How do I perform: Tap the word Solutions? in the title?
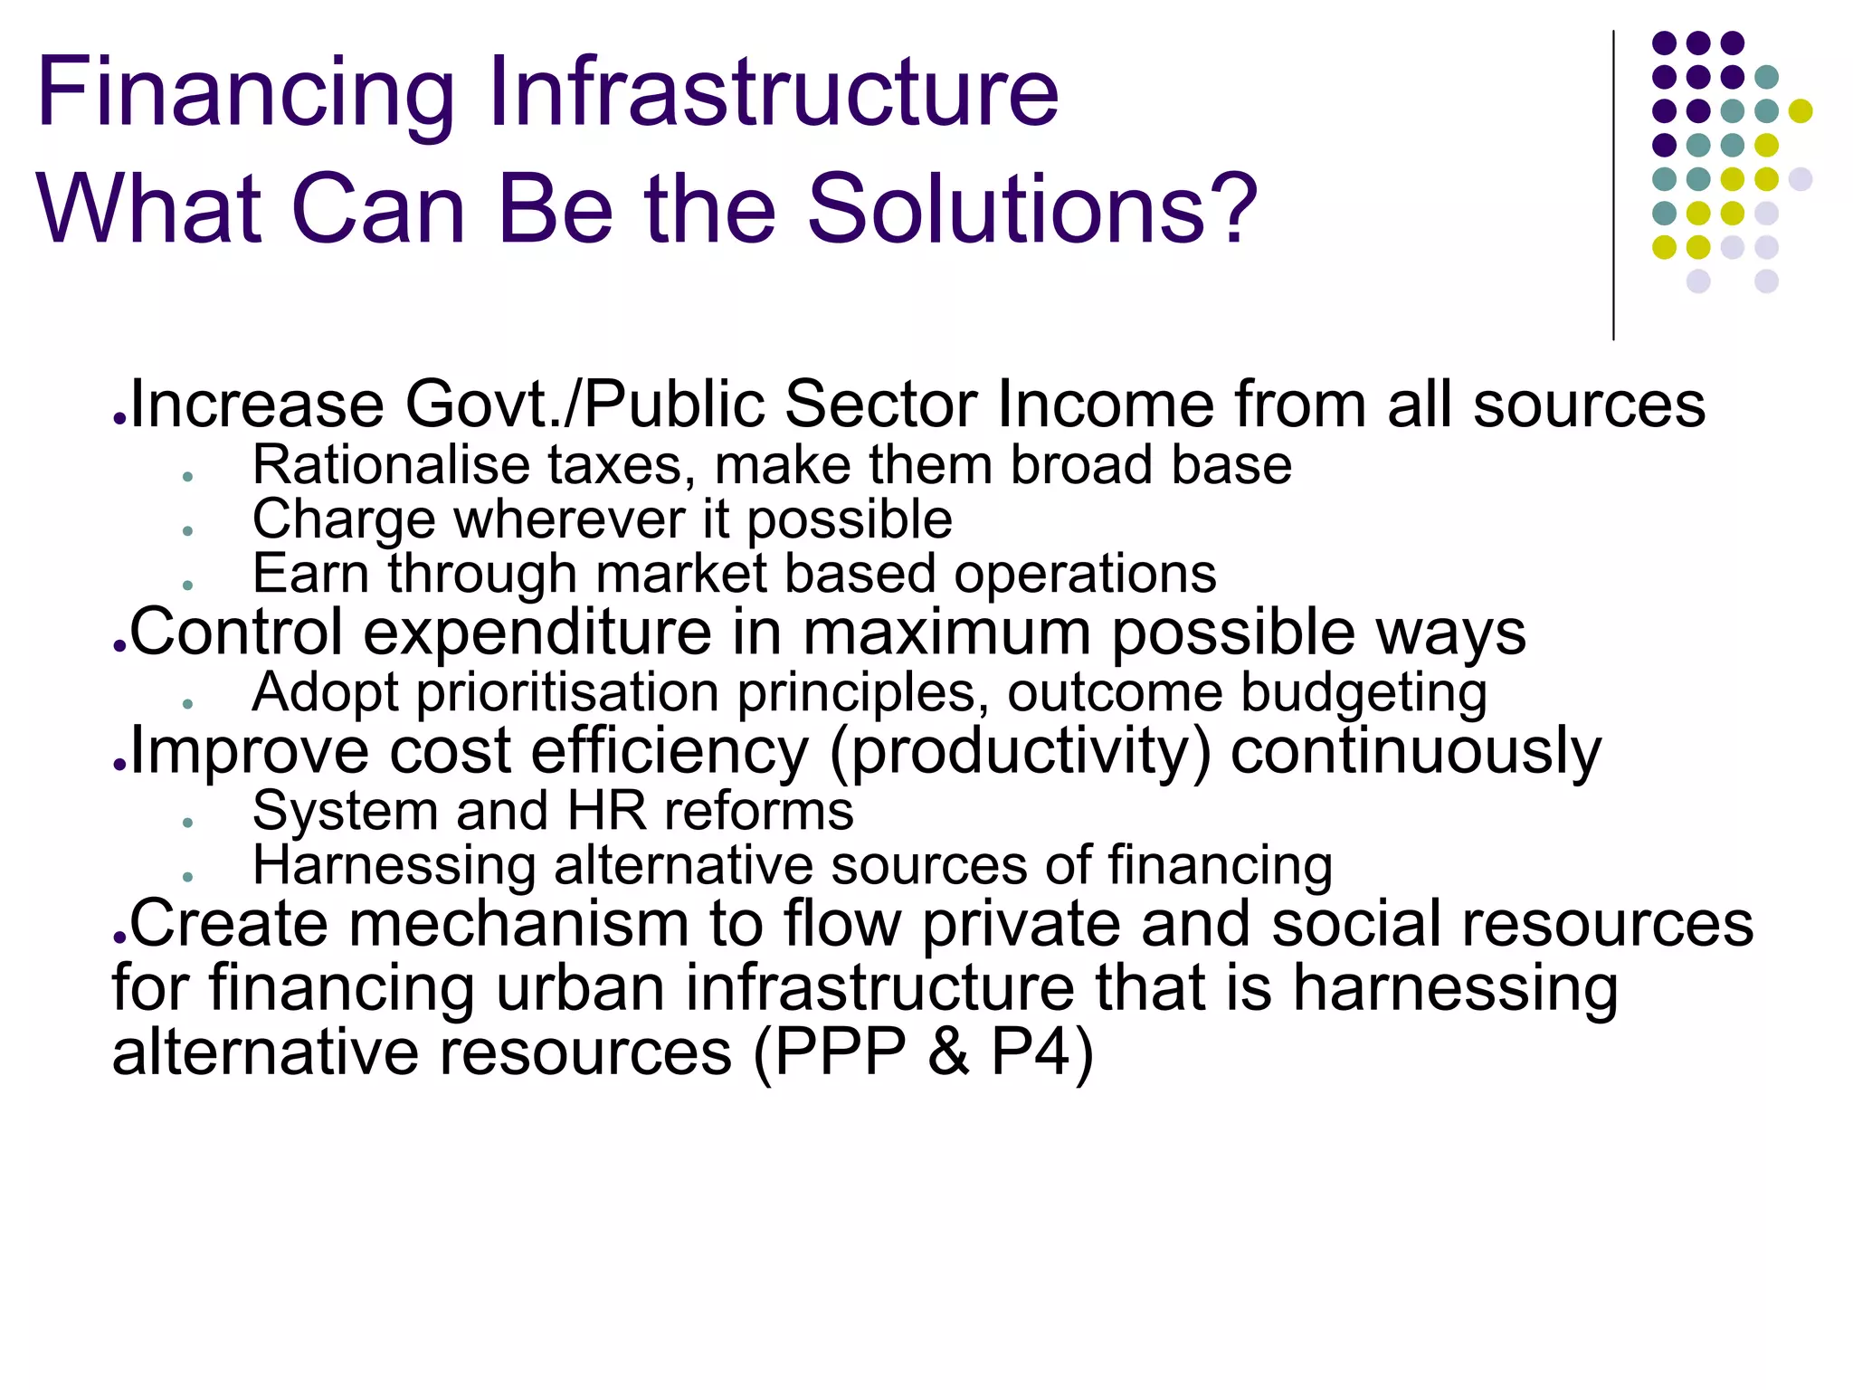[1031, 210]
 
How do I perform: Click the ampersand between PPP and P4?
[948, 1052]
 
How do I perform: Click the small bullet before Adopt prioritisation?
[187, 704]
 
